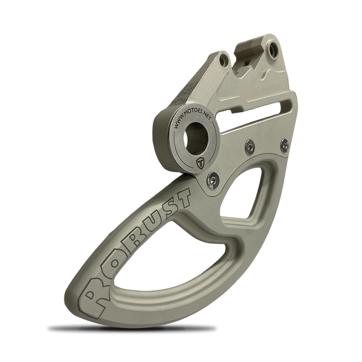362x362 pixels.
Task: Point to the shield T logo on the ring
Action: pos(200,163)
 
